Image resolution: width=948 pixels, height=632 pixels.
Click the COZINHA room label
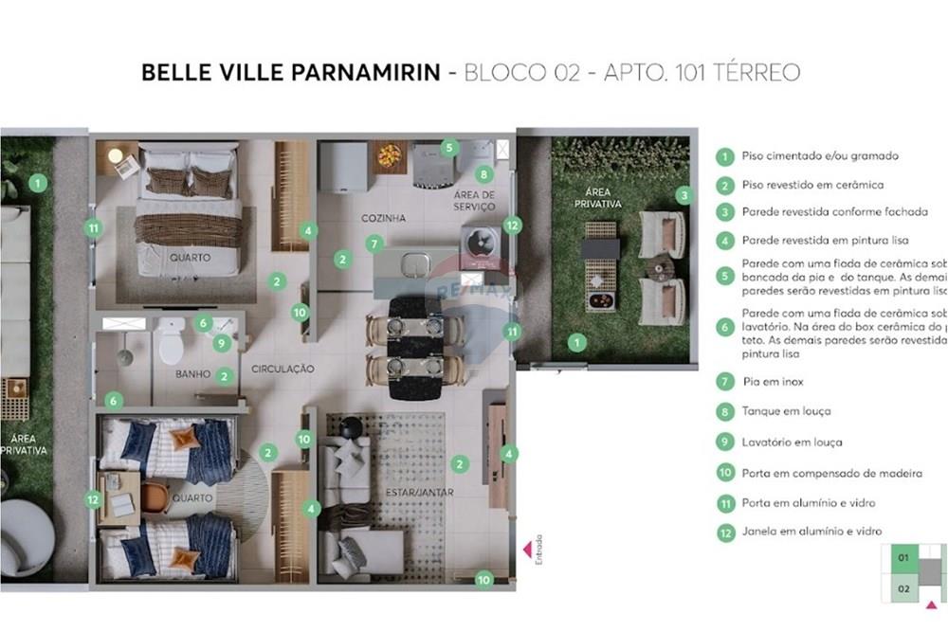click(x=383, y=218)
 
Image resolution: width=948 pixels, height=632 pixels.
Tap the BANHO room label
click(x=192, y=374)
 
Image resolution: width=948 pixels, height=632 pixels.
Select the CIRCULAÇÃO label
click(x=283, y=368)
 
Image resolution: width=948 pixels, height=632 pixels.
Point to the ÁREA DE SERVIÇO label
click(x=475, y=200)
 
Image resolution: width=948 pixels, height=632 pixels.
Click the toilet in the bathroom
click(x=172, y=342)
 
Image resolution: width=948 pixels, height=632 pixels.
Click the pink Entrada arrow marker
click(x=527, y=550)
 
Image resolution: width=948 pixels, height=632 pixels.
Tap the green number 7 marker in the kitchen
click(x=374, y=244)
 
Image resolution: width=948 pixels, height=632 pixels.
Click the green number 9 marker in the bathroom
click(x=221, y=343)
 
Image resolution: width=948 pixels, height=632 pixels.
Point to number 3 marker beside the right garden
click(x=684, y=195)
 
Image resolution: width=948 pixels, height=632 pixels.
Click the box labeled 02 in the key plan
click(x=903, y=587)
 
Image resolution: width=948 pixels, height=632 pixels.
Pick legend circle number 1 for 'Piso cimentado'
click(x=725, y=156)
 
